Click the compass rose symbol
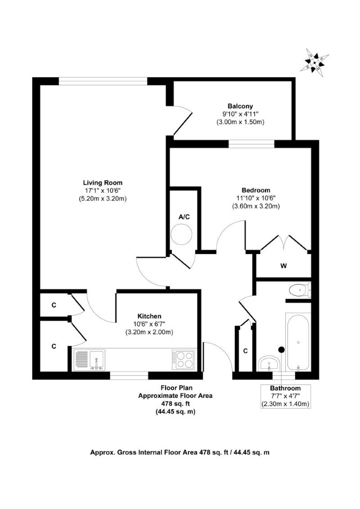click(314, 63)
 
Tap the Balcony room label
click(240, 106)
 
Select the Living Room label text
click(103, 183)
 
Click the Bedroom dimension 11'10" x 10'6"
click(256, 198)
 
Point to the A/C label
click(184, 217)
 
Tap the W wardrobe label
click(284, 266)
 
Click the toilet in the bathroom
click(300, 290)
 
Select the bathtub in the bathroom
click(298, 341)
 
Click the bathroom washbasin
click(269, 363)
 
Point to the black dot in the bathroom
click(282, 350)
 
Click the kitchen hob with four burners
click(184, 359)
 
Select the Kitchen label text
click(149, 316)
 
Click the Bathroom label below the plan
click(286, 388)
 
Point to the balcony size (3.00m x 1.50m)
click(240, 122)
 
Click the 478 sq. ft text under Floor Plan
click(176, 404)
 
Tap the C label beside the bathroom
click(246, 351)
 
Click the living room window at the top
click(103, 81)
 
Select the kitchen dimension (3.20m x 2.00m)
click(149, 332)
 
